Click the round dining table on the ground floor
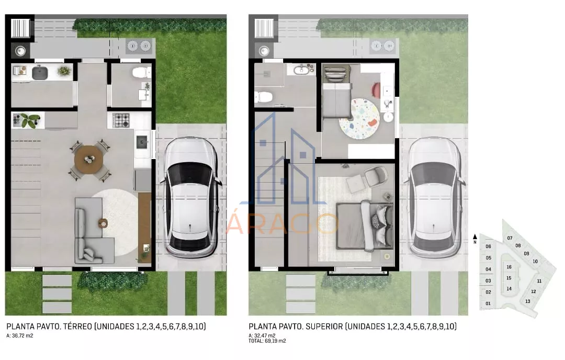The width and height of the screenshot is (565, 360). click(x=88, y=159)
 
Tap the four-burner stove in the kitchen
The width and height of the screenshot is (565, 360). click(x=121, y=120)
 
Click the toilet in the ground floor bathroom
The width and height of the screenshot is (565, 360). click(x=142, y=72)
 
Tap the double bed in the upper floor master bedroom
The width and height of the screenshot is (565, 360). click(x=364, y=226)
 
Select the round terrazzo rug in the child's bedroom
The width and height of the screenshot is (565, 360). click(x=359, y=119)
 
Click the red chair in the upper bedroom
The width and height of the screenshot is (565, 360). click(x=376, y=89)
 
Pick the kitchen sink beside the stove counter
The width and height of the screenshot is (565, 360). click(x=142, y=142)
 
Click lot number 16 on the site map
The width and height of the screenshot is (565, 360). click(x=509, y=267)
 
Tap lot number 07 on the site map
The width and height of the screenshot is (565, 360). click(x=510, y=238)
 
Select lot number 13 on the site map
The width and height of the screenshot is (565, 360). click(x=527, y=301)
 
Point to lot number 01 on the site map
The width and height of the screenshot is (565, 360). click(x=488, y=303)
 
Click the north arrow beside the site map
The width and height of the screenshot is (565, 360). click(x=475, y=239)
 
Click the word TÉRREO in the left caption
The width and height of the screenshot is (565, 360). click(x=77, y=327)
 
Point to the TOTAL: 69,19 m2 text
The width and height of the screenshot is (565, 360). click(x=267, y=341)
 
